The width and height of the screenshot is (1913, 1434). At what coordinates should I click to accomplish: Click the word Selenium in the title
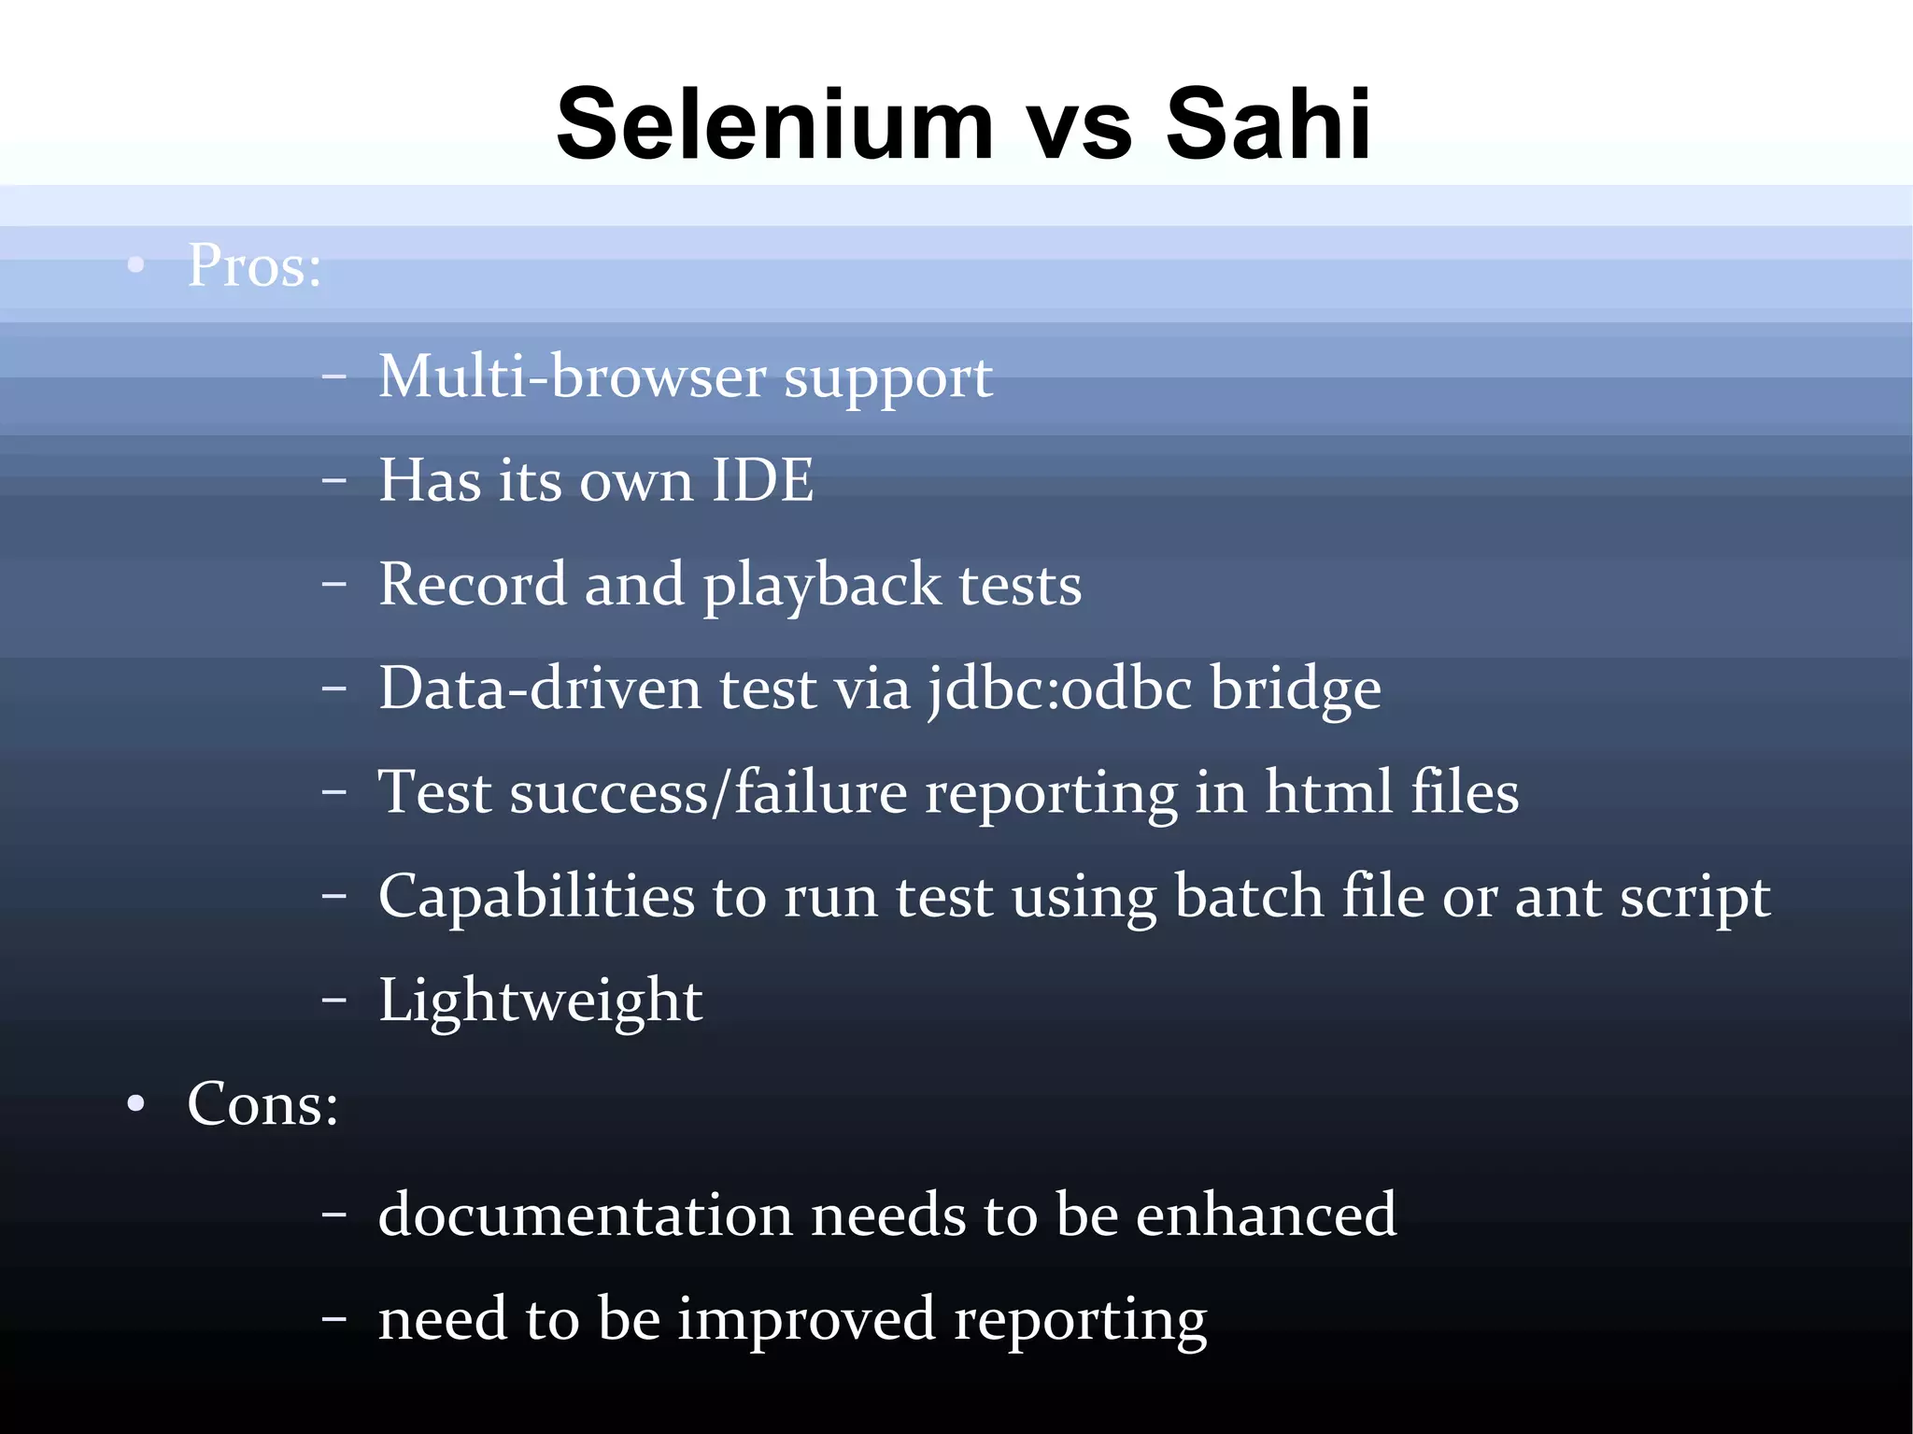click(775, 124)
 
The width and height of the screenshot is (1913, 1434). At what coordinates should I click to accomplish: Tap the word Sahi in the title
click(1268, 124)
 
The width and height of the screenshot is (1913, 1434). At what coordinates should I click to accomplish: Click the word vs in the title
click(1080, 129)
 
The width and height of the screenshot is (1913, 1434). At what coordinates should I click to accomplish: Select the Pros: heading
click(254, 266)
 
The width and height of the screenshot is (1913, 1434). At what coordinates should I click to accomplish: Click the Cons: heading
click(262, 1105)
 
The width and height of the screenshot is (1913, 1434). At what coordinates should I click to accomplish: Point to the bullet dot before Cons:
click(136, 1104)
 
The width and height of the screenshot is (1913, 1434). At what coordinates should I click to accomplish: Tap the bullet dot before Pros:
click(136, 265)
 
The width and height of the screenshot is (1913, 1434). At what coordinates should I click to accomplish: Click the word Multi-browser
click(572, 376)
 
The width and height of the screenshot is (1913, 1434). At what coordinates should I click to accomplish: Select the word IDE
click(762, 481)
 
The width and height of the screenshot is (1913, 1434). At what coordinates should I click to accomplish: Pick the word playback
click(822, 586)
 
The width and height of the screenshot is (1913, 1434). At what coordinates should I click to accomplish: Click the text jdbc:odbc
click(1061, 689)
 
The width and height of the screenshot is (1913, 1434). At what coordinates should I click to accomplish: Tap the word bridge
click(1296, 689)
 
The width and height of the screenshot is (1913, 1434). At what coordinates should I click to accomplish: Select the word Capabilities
click(536, 897)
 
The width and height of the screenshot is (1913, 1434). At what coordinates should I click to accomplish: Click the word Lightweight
click(540, 1001)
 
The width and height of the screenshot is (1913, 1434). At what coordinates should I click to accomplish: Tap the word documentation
click(586, 1215)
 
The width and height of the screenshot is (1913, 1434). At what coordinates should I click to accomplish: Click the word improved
click(806, 1320)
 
